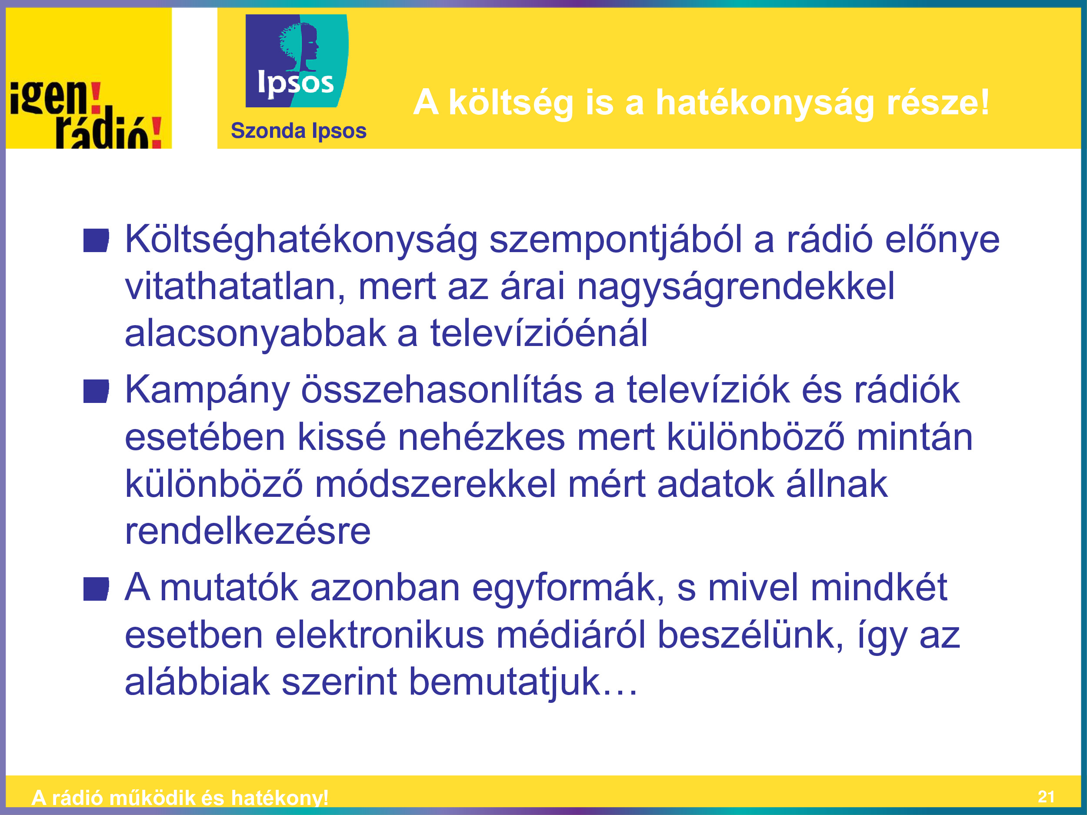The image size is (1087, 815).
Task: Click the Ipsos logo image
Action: [297, 61]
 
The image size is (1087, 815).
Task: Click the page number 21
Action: [1046, 797]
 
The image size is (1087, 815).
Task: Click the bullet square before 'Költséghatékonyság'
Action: [96, 241]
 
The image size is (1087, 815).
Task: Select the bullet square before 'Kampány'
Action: [96, 391]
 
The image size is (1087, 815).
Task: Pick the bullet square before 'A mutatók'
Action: [96, 589]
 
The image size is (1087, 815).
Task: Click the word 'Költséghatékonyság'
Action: [301, 240]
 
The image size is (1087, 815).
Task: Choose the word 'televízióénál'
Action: [539, 333]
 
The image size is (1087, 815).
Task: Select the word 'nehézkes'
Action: [481, 437]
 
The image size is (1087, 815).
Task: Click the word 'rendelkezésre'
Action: [248, 531]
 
